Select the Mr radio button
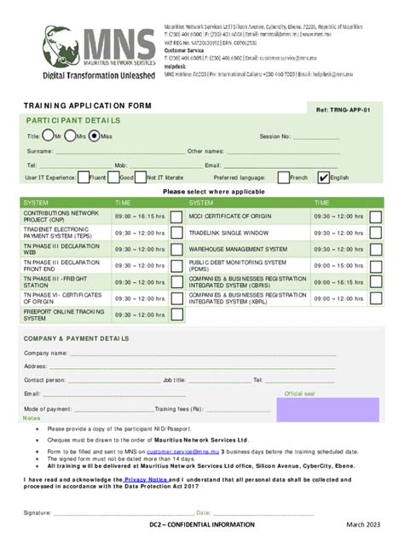pyautogui.click(x=48, y=136)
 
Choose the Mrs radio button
pyautogui.click(x=70, y=136)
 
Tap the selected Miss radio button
pyautogui.click(x=95, y=136)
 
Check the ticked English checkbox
pyautogui.click(x=323, y=177)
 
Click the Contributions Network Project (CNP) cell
pyautogui.click(x=55, y=217)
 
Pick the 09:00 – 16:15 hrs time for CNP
pyautogui.click(x=140, y=217)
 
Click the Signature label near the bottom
pyautogui.click(x=38, y=513)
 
